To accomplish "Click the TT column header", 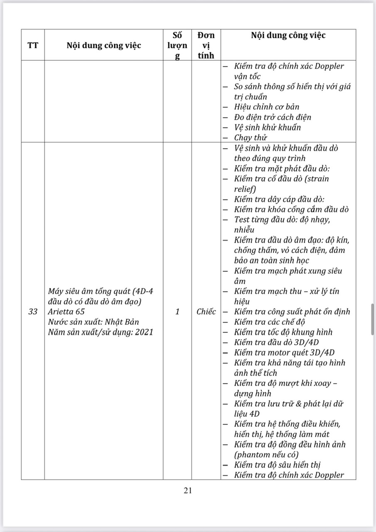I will point(33,45).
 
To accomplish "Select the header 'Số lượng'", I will point(177,45).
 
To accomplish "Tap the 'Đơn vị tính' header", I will point(206,45).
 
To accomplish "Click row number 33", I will point(33,312).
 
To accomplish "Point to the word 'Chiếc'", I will point(206,312).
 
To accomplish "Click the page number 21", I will point(188,490).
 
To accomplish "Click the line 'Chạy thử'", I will point(250,138).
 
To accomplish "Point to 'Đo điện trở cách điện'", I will point(272,117).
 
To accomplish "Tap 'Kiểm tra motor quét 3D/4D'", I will point(284,352).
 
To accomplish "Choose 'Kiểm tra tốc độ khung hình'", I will point(283,332).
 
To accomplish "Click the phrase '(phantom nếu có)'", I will point(266,454).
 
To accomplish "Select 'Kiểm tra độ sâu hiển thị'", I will point(277,465).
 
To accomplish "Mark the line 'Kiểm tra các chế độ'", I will point(270,322).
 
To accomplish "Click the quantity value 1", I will point(177,312).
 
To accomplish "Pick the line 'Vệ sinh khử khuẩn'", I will point(267,127).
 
